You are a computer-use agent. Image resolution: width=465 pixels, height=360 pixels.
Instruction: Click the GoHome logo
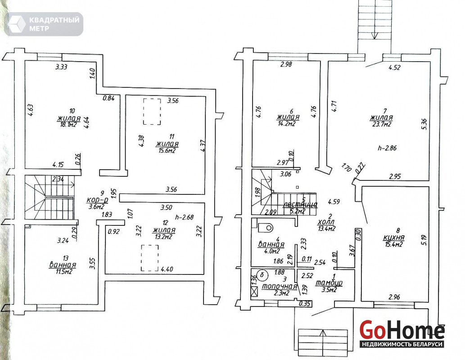point(402,333)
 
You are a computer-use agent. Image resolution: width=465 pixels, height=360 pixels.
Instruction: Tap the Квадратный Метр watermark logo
point(44,24)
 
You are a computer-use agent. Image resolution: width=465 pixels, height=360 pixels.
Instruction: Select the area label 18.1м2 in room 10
point(68,125)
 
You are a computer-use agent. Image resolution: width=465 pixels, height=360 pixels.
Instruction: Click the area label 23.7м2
point(382,124)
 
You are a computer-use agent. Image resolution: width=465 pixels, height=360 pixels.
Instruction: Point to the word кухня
point(394,238)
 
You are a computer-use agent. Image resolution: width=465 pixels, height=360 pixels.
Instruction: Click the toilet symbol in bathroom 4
point(266,227)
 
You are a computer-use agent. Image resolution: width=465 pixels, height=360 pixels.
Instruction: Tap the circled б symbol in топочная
point(262,275)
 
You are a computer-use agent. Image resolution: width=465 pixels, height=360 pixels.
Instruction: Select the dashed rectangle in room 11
point(152,112)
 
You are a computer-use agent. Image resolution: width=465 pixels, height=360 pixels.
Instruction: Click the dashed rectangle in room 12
point(150,258)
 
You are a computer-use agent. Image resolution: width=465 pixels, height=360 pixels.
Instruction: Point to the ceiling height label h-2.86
point(387,148)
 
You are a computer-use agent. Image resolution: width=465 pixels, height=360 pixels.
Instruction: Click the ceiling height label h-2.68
point(184,217)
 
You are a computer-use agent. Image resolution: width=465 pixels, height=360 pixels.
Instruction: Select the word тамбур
point(329,283)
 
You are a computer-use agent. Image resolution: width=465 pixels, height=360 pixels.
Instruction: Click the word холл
point(326,222)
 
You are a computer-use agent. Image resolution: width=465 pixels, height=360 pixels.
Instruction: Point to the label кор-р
point(97,200)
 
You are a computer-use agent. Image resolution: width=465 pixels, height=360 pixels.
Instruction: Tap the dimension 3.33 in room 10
point(61,67)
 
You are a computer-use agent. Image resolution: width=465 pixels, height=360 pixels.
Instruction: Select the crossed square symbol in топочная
point(254,292)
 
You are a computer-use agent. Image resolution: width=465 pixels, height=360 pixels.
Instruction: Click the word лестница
point(300,204)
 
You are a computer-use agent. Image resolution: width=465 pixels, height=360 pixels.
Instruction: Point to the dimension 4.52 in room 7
point(394,67)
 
